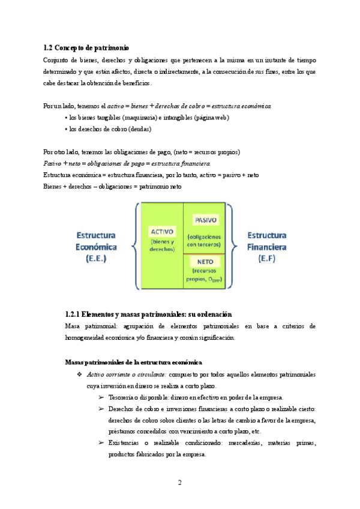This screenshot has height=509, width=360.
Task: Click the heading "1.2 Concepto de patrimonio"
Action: pos(86,47)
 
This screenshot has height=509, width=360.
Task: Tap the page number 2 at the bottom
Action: pos(179,483)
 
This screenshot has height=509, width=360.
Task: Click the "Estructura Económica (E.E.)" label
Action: pos(96,246)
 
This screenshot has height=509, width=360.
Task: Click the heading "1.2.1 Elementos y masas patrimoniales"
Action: pos(148,315)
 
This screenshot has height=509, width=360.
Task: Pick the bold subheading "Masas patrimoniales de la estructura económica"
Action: pos(133,362)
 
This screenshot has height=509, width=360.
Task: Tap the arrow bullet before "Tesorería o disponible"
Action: pos(100,397)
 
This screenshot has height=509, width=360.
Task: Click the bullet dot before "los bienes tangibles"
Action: pos(65,118)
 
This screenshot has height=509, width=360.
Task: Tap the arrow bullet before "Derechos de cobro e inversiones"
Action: pos(100,409)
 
